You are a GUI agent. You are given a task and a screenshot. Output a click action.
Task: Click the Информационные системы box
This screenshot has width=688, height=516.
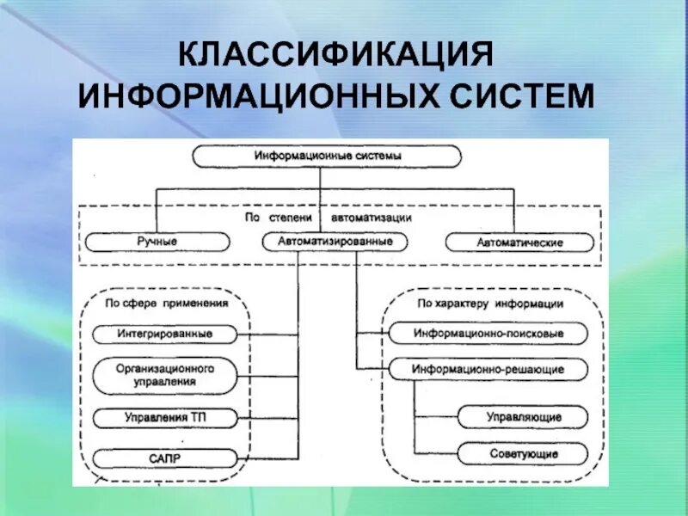click(x=327, y=157)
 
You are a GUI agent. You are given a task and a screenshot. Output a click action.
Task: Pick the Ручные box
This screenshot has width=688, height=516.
click(x=157, y=243)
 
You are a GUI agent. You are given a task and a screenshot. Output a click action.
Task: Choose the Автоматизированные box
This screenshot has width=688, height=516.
click(x=335, y=243)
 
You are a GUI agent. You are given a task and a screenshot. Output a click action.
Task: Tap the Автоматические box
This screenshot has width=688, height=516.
click(x=519, y=243)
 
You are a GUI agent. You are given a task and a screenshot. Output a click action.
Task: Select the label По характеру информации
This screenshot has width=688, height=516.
click(x=490, y=304)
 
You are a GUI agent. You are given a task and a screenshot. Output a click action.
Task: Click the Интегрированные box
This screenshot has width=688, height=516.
click(x=164, y=333)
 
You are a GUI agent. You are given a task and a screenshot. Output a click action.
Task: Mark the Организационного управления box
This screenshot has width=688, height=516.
click(x=164, y=374)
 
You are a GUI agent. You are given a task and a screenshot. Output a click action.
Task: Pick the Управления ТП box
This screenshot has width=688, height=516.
click(x=164, y=418)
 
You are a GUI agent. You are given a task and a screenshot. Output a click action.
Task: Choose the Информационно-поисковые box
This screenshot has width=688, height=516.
click(x=488, y=333)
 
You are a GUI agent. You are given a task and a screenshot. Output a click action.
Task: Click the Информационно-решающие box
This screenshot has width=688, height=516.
click(x=488, y=369)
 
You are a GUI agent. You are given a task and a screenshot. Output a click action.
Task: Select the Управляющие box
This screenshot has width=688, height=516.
click(x=522, y=417)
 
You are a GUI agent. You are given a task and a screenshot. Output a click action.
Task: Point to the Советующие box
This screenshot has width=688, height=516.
click(x=522, y=453)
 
